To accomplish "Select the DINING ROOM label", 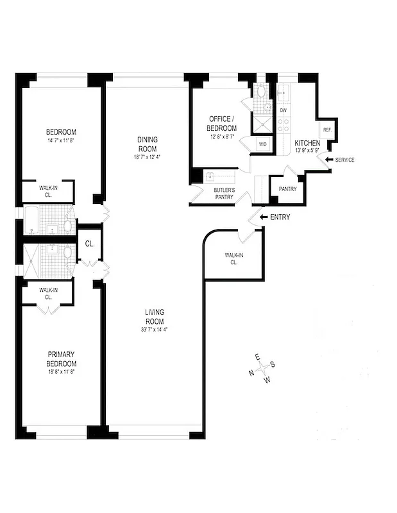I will click(x=148, y=144).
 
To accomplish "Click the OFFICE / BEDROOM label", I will click(x=223, y=124).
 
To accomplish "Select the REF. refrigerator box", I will click(x=327, y=130).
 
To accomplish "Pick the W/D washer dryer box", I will click(x=262, y=144).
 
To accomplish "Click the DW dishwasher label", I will click(x=283, y=110).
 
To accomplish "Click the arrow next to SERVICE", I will click(x=329, y=160).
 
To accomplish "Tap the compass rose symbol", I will click(x=263, y=370).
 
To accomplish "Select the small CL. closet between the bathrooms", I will click(x=89, y=244).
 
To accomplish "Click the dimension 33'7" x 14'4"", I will click(x=154, y=330).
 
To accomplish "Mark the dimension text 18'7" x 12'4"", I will click(x=148, y=157).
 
